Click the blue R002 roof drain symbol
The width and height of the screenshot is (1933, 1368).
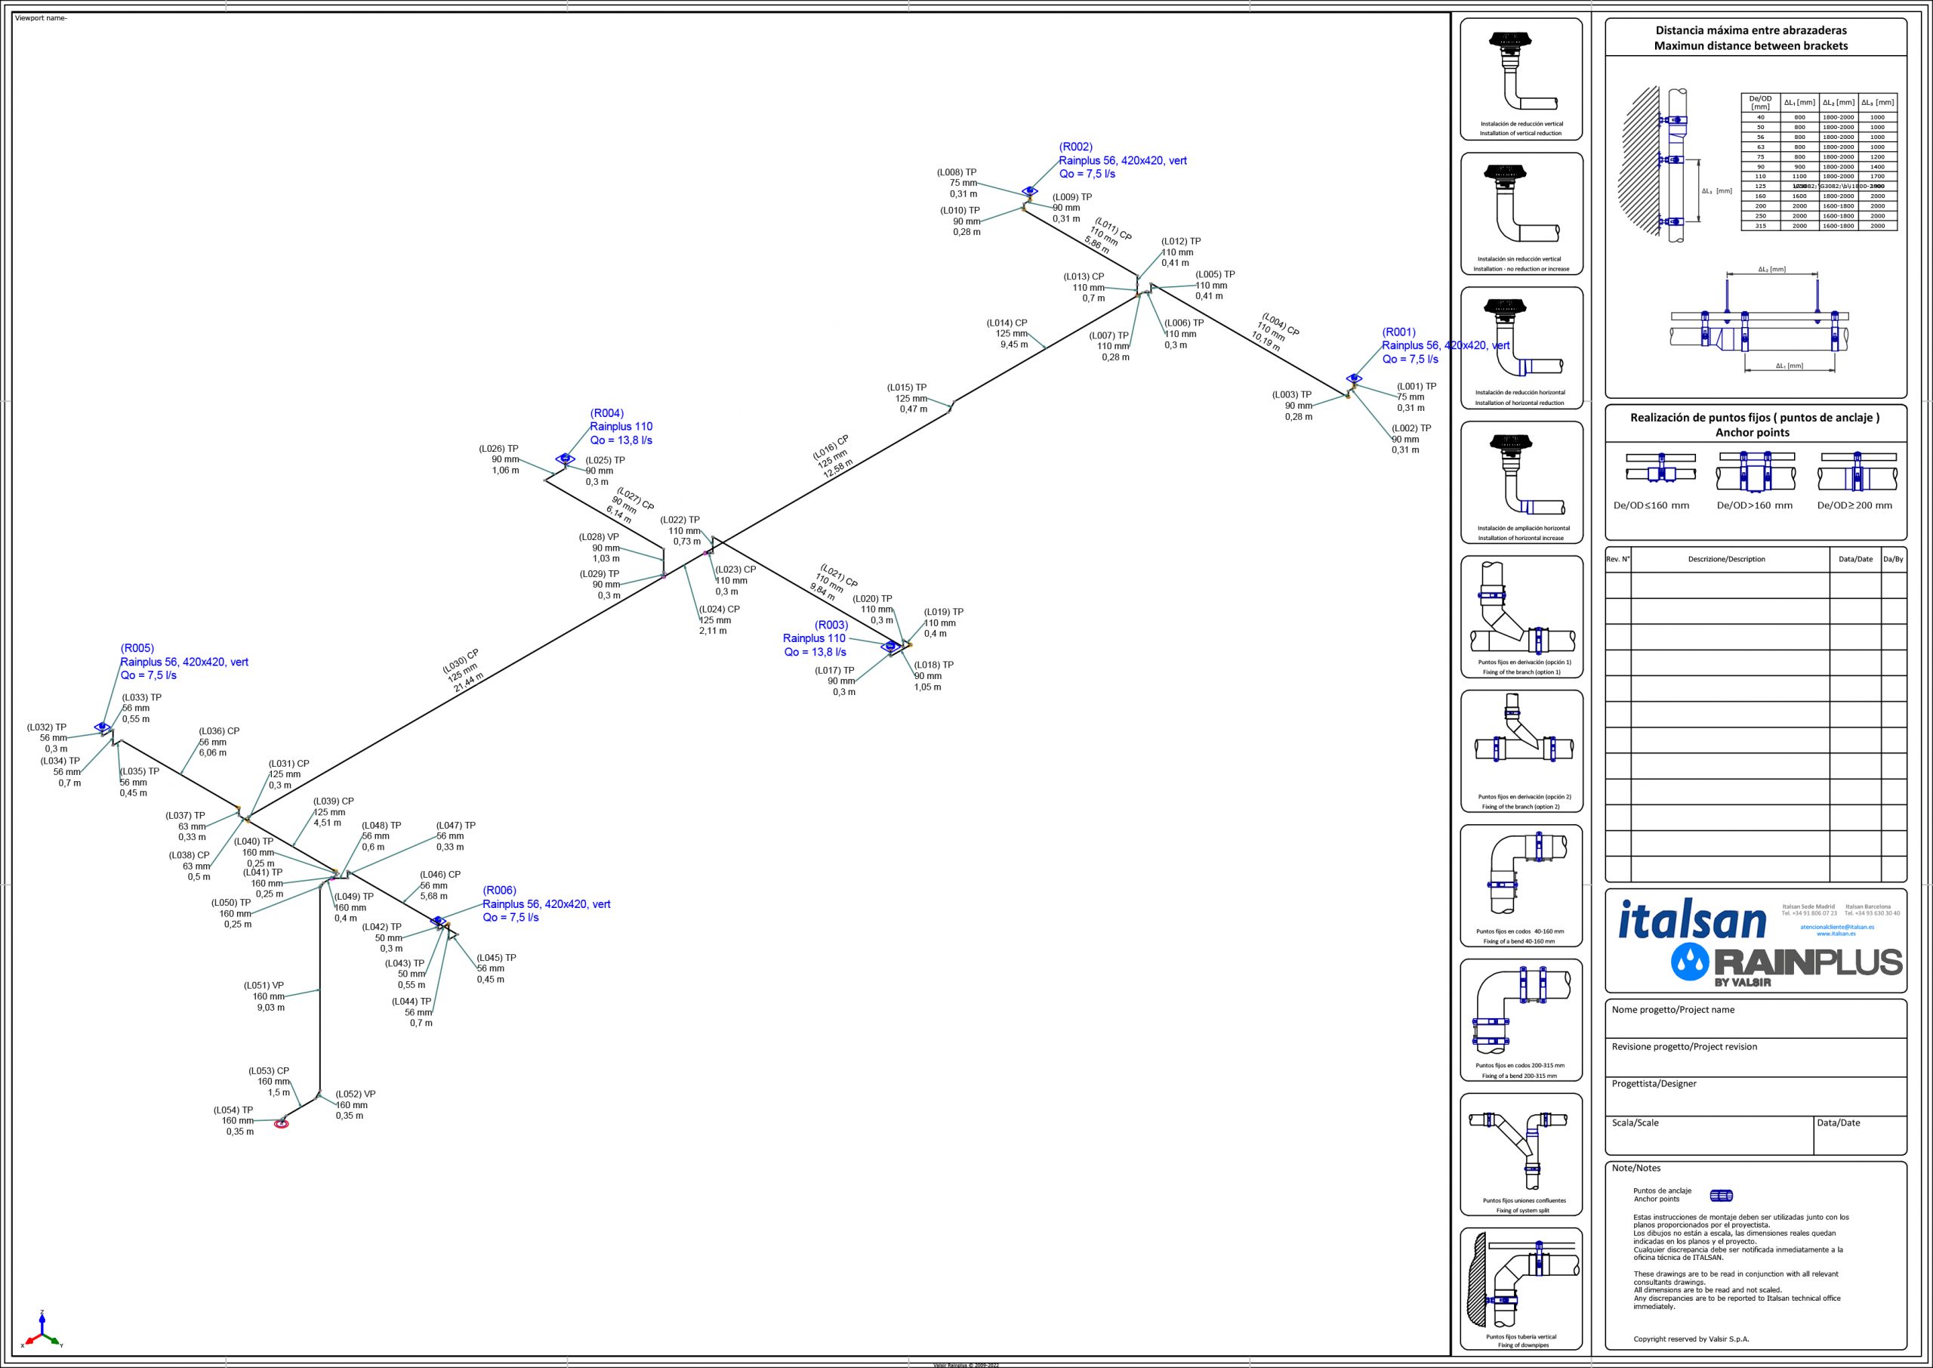[x=1028, y=191]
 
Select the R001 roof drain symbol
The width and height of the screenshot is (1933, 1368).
[x=1353, y=378]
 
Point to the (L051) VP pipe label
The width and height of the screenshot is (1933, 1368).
[x=264, y=985]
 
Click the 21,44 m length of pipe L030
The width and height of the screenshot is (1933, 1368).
[x=469, y=681]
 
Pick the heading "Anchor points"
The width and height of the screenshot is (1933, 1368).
[x=1754, y=432]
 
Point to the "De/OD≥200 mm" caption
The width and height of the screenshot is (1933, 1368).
[x=1854, y=505]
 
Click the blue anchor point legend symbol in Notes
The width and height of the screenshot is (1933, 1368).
[x=1721, y=1195]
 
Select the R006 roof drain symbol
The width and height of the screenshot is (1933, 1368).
[x=437, y=921]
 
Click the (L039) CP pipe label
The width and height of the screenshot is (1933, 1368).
[x=334, y=801]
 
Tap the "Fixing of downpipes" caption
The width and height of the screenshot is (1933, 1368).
[x=1521, y=1345]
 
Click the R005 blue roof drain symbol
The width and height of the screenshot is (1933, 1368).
[x=103, y=726]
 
